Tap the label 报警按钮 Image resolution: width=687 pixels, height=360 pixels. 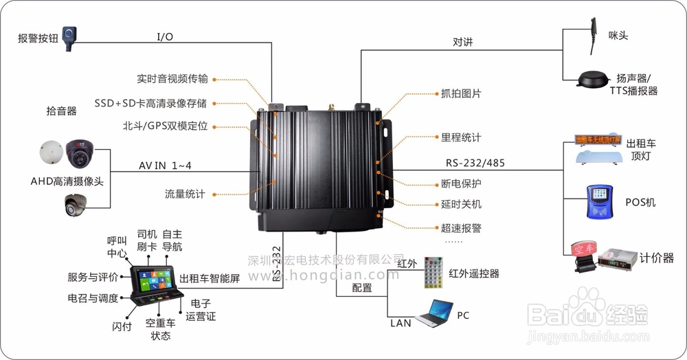36,38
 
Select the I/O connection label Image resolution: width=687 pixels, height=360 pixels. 166,36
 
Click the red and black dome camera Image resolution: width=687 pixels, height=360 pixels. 84,154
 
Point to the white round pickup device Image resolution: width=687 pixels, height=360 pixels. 52,153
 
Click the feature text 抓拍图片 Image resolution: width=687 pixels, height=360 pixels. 461,93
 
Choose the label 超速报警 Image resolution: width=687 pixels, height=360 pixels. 461,227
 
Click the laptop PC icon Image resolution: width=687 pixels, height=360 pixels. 433,314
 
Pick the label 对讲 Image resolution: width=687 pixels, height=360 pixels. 462,42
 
